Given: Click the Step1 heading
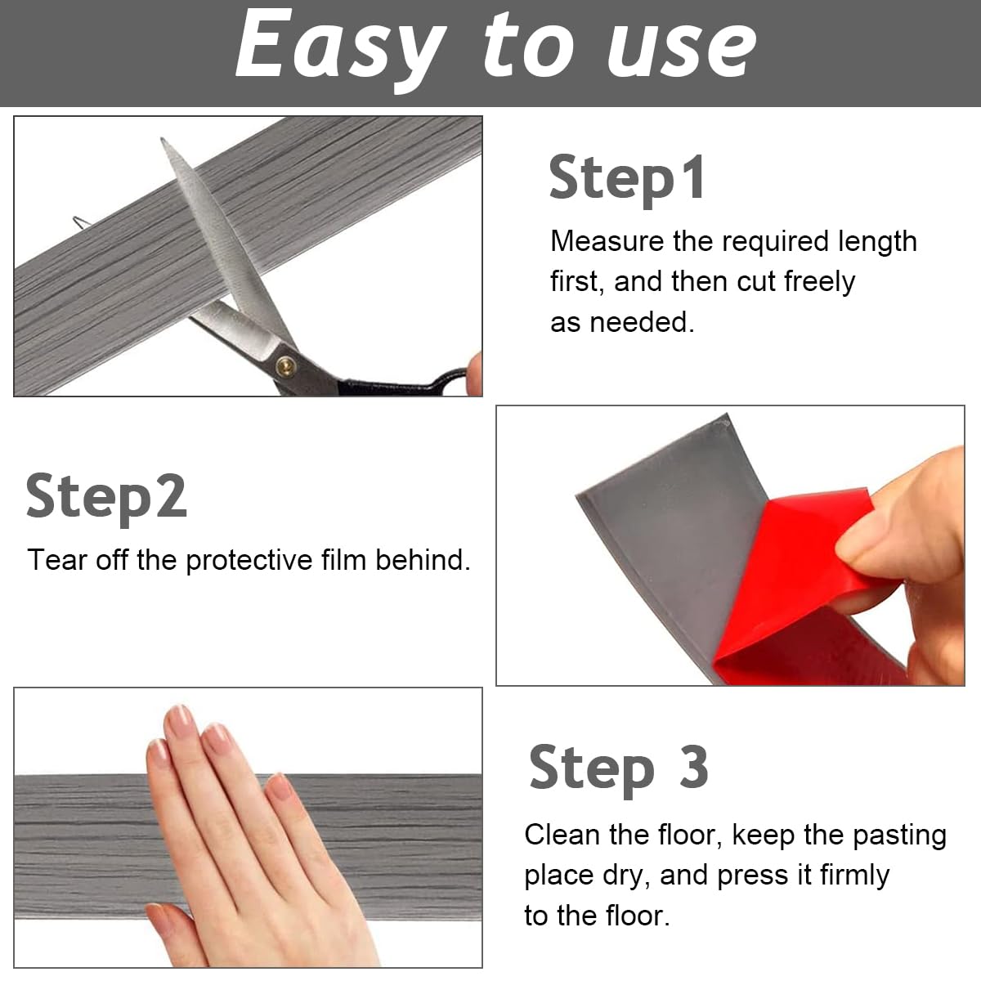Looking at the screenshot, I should (x=627, y=178).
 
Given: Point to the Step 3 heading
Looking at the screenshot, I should (x=619, y=768).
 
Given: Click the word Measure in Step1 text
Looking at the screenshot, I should (x=607, y=242).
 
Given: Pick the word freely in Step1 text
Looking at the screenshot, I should (x=819, y=282).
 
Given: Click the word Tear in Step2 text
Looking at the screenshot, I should (x=57, y=561).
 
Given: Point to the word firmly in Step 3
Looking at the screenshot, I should (x=854, y=875).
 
